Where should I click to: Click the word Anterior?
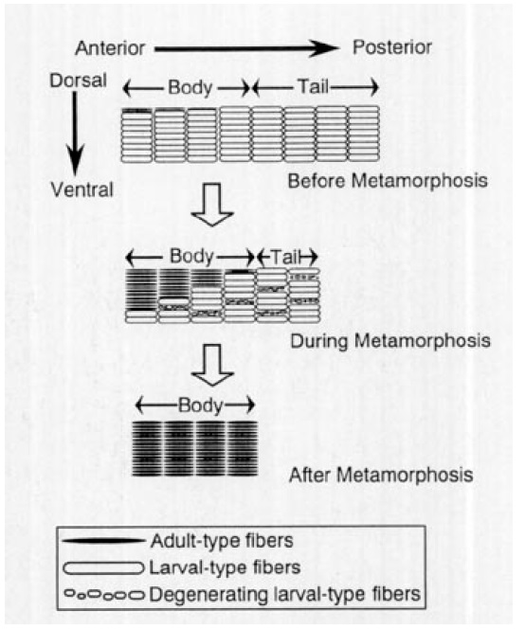coord(110,48)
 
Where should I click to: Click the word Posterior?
coord(392,47)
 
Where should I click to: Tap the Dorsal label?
coord(78,81)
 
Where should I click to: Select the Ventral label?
coord(82,189)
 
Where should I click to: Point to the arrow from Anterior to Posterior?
coord(246,49)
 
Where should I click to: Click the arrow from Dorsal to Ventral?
coord(75,134)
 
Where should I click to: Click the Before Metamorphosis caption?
coord(388,181)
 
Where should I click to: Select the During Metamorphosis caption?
coord(390,341)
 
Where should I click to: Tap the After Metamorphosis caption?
coord(381,475)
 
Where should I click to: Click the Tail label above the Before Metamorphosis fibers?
coord(313,86)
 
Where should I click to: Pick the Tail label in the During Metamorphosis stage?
coord(286,257)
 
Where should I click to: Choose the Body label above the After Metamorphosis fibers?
coord(200,405)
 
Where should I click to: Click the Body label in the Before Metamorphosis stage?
coord(190,87)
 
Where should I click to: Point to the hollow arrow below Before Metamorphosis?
coord(212,205)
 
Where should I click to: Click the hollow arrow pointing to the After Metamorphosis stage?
coord(212,366)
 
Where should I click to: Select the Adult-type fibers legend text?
coord(222,541)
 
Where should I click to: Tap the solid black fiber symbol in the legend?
coord(103,541)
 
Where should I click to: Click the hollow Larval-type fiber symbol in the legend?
coord(103,568)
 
